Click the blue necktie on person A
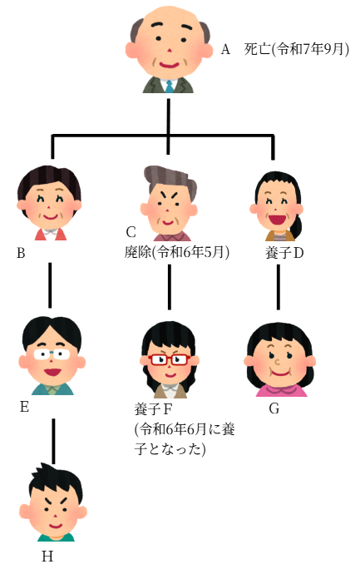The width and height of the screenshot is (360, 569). [170, 87]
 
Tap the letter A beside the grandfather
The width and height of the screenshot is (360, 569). [225, 49]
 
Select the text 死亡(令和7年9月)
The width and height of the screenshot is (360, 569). [297, 49]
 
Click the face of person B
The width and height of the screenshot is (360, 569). [50, 203]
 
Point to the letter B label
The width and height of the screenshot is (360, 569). [21, 253]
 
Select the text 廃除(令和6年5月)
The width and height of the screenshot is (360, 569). [177, 252]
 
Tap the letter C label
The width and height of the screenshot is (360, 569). [131, 232]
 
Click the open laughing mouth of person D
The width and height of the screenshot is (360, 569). [276, 220]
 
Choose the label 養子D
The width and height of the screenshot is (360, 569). [284, 253]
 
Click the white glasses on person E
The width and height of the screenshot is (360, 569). [52, 354]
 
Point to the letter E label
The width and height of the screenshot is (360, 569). [24, 407]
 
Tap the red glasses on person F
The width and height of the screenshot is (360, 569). [170, 359]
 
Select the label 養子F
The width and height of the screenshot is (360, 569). [153, 409]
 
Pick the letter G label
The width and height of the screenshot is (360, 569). [274, 408]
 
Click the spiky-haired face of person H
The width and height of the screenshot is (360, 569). [53, 502]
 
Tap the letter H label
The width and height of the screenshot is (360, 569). [47, 557]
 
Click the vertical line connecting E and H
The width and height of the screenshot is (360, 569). [54, 441]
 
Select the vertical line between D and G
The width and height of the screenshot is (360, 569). [279, 287]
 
